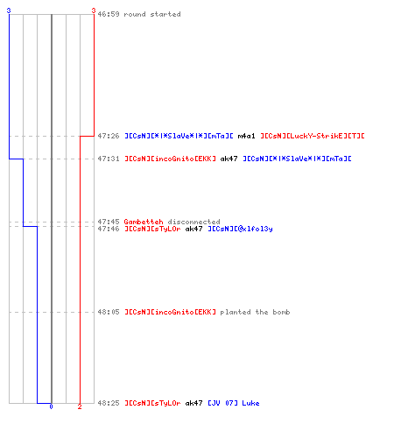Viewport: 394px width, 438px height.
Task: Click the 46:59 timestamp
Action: [x=109, y=14]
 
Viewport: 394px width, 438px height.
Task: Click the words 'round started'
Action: [x=152, y=14]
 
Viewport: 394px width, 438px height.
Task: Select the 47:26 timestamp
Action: [x=109, y=136]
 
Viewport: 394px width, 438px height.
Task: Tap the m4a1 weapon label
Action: [x=246, y=136]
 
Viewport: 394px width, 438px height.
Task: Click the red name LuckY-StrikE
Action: [x=313, y=136]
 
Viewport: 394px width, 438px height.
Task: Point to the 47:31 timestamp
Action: [x=109, y=159]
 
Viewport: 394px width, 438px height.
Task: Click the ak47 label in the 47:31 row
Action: [x=229, y=159]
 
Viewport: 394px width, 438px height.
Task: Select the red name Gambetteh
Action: [x=144, y=222]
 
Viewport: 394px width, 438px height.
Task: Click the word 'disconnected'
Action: [x=193, y=222]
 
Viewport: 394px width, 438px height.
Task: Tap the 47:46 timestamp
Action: [x=109, y=229]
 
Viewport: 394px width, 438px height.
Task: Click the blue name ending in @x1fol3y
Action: [x=240, y=229]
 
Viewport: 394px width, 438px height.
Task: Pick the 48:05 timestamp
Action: [x=109, y=312]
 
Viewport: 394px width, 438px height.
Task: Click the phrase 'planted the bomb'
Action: [x=255, y=312]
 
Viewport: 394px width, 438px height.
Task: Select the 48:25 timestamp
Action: [x=109, y=403]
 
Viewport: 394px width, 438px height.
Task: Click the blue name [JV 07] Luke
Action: [x=234, y=403]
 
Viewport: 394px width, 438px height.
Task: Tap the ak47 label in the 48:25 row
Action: [x=193, y=403]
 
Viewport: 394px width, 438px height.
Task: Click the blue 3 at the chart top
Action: [x=9, y=11]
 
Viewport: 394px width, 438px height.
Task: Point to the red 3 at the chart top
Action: [x=94, y=11]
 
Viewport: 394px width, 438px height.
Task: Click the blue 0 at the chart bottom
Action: [x=51, y=406]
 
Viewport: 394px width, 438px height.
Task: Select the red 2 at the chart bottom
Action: [x=80, y=406]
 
